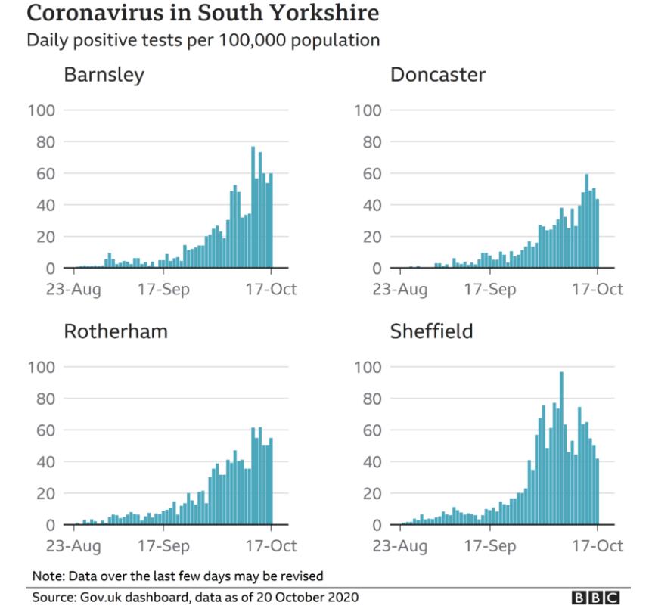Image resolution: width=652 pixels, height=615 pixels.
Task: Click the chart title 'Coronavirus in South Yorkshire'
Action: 203,14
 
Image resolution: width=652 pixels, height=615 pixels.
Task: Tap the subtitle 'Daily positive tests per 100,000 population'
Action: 203,40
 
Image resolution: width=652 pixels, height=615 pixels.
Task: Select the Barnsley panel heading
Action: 104,76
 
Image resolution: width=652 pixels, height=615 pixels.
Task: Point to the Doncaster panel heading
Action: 438,76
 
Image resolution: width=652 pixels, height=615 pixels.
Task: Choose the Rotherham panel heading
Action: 116,332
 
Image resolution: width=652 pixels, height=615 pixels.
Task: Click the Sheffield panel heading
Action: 431,332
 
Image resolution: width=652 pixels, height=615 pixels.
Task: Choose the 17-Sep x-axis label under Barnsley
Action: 164,289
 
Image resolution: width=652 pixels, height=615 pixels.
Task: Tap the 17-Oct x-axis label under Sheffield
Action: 598,545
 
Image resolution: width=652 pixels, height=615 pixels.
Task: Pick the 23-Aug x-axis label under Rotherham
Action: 76,545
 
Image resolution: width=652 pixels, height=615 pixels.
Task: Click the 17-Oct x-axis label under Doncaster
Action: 598,289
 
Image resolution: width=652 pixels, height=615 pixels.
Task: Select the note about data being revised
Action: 178,575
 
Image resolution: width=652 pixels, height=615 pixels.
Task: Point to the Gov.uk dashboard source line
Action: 195,598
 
